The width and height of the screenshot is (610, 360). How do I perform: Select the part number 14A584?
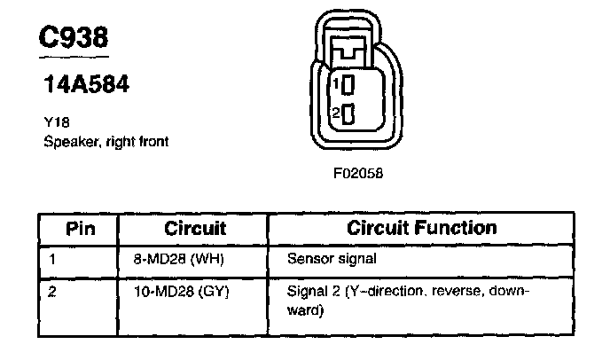point(87,85)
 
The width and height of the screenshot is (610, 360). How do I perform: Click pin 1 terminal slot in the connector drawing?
point(348,85)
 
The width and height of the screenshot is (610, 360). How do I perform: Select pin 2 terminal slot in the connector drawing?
point(348,113)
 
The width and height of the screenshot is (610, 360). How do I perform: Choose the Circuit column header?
point(195,228)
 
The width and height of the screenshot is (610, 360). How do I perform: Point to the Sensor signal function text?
point(332,260)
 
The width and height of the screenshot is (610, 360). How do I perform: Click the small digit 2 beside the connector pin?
point(335,113)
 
